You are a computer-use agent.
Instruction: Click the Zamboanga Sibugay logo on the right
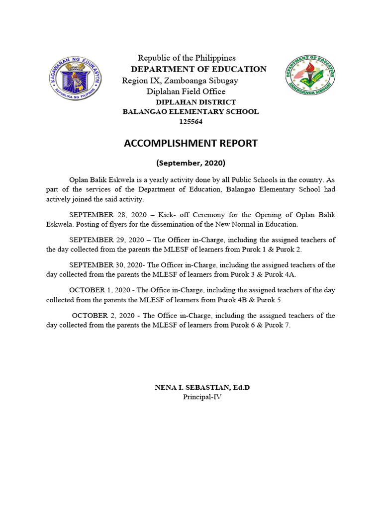pyautogui.click(x=310, y=75)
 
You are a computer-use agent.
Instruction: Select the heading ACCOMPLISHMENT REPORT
pyautogui.click(x=191, y=144)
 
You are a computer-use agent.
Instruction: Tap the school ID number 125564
pyautogui.click(x=191, y=122)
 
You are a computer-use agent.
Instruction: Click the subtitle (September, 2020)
pyautogui.click(x=191, y=163)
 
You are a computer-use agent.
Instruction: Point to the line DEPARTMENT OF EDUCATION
pyautogui.click(x=198, y=69)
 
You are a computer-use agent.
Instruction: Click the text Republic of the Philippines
pyautogui.click(x=187, y=58)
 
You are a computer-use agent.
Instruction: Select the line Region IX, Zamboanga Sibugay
pyautogui.click(x=180, y=81)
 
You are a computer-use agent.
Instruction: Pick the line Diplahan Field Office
pyautogui.click(x=186, y=91)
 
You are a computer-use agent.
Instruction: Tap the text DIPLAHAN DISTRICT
pyautogui.click(x=196, y=102)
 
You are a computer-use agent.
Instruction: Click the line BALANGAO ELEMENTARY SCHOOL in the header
pyautogui.click(x=191, y=112)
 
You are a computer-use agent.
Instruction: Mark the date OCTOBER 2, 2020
pyautogui.click(x=102, y=316)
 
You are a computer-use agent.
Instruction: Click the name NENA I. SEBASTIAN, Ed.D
pyautogui.click(x=202, y=387)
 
